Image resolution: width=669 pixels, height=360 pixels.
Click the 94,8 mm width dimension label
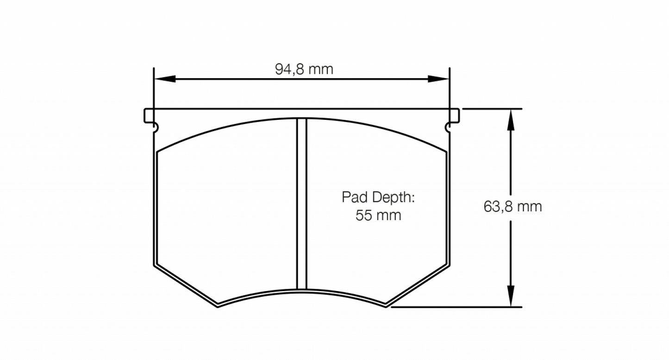point(304,69)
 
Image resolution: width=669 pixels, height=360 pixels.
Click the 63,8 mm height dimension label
point(513,206)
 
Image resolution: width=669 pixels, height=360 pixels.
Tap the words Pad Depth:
point(377,198)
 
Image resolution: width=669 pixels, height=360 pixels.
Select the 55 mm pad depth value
point(378,215)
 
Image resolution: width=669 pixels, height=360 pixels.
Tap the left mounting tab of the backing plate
point(149,116)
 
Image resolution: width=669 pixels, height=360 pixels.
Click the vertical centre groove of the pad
point(302,204)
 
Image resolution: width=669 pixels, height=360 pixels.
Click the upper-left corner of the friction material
point(158,152)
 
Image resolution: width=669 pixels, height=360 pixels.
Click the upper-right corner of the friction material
point(445,152)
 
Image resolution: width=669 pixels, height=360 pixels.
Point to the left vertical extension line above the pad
point(153,88)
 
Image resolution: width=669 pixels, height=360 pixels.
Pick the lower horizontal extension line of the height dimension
point(463,307)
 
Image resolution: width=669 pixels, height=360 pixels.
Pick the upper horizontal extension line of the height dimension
point(491,109)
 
